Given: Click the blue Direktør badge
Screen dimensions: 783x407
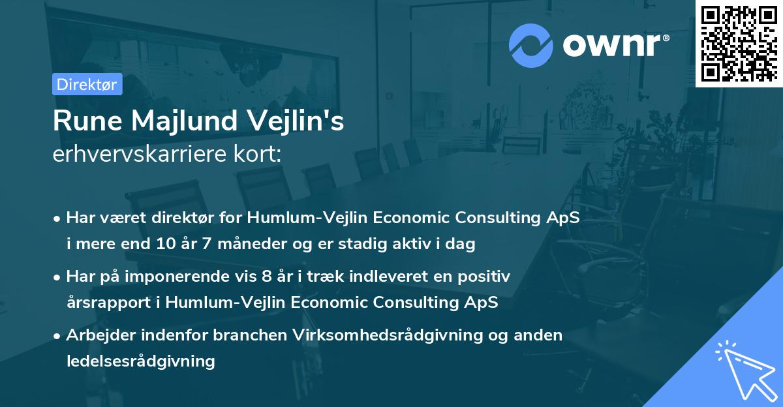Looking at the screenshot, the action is [87, 84].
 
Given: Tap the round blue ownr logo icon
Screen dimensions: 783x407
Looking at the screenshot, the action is [530, 46].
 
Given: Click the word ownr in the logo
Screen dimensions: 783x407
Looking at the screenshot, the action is [612, 46].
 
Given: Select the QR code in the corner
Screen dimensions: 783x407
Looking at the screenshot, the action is [739, 44].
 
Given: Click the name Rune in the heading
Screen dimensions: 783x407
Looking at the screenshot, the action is [87, 121].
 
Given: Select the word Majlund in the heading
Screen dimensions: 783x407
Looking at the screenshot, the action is [185, 121].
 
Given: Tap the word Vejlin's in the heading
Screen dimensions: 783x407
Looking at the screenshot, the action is [296, 121].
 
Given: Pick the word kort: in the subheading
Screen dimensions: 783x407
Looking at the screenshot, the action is [257, 154].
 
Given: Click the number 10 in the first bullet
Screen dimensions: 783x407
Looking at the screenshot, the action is [166, 243].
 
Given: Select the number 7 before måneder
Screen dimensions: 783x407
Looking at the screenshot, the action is [207, 243].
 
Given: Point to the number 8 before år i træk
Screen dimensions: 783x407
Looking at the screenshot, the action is [266, 277].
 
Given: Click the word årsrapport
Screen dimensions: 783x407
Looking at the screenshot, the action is [109, 303].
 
